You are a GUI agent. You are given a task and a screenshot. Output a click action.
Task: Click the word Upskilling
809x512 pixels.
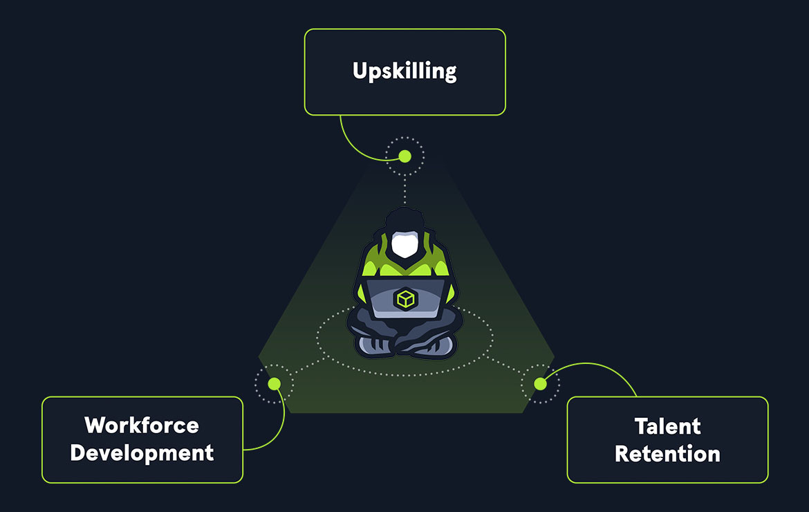click(x=404, y=71)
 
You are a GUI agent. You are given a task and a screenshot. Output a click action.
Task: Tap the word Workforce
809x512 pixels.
click(x=142, y=424)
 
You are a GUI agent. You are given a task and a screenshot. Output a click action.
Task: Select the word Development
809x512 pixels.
click(x=142, y=453)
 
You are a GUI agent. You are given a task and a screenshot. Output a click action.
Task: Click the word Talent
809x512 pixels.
click(x=667, y=426)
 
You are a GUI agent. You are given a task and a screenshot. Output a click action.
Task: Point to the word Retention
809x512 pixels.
click(x=667, y=454)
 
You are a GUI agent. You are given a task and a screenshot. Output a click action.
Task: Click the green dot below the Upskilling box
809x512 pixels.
click(x=405, y=156)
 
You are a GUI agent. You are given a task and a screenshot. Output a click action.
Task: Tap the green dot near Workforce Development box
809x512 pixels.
click(x=275, y=383)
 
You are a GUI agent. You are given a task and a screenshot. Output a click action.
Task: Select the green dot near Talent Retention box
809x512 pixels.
click(x=540, y=383)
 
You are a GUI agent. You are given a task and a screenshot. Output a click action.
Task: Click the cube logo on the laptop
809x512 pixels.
click(x=404, y=300)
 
